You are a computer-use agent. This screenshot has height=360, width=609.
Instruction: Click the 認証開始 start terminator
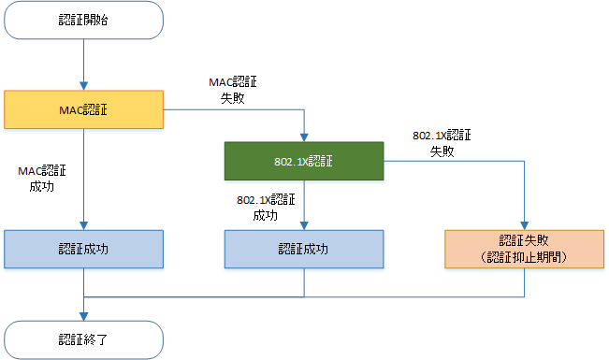tap(83, 20)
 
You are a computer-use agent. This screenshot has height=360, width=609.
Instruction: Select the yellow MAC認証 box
tap(83, 109)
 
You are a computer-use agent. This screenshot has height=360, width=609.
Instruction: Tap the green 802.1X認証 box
tap(304, 161)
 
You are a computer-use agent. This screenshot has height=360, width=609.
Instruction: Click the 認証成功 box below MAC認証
tap(83, 249)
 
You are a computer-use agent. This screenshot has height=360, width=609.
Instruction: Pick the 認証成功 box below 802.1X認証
tap(304, 249)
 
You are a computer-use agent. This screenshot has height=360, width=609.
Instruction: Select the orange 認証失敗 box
tap(524, 249)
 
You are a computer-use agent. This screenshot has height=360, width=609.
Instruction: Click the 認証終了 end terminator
tap(83, 339)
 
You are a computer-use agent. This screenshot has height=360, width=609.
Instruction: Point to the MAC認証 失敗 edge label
tap(233, 90)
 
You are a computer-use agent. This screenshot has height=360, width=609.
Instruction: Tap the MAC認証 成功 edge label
tap(42, 179)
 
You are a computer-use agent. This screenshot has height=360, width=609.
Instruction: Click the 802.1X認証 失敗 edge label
tap(442, 143)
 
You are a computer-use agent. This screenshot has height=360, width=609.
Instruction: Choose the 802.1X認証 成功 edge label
tap(266, 208)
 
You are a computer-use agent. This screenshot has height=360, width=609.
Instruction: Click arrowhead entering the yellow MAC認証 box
tap(83, 86)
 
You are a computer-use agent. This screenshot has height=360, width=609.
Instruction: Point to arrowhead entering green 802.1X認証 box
tap(304, 137)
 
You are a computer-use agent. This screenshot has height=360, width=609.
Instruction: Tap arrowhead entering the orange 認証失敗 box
tap(524, 225)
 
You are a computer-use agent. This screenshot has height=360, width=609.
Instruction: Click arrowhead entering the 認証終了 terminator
tap(83, 316)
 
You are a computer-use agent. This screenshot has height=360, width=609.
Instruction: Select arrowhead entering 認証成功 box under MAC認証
tap(83, 225)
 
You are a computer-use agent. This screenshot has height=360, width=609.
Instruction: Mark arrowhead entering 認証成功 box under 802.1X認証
tap(304, 225)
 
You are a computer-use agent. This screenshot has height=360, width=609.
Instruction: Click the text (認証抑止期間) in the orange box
tap(524, 257)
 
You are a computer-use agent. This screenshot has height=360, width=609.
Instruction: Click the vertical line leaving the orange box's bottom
tap(524, 282)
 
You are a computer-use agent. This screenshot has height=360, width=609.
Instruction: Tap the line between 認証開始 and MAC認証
tap(83, 61)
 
